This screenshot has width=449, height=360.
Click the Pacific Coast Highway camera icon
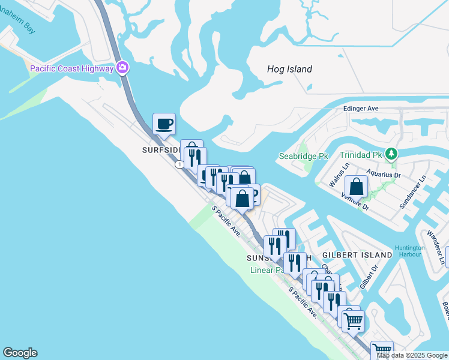tap(122, 68)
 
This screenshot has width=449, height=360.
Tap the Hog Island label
tap(289, 69)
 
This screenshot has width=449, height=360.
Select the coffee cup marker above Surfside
tap(164, 124)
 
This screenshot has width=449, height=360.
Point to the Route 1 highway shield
tap(179, 164)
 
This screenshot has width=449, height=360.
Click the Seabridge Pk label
tap(304, 156)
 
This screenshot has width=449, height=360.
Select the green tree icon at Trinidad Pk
tap(391, 154)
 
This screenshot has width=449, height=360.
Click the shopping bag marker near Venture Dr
tap(357, 187)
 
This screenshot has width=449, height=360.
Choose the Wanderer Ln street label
tap(436, 247)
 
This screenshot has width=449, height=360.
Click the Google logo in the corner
tap(20, 353)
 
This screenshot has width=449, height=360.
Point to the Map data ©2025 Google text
tap(412, 355)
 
